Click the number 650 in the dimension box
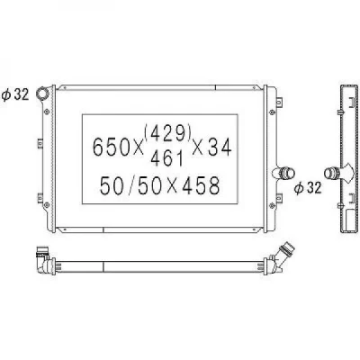click(110, 147)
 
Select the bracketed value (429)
click(167, 133)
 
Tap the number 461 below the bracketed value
click(166, 158)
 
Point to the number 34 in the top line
click(220, 148)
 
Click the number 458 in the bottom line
click(201, 186)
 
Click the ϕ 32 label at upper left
click(15, 94)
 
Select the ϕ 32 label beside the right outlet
click(308, 188)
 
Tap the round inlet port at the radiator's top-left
click(42, 93)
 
